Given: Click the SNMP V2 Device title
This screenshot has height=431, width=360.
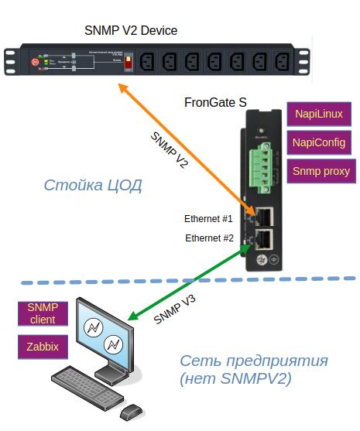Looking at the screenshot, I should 130,31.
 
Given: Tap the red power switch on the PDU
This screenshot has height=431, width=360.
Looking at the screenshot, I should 128,61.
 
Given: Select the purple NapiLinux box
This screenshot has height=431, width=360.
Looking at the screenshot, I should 319,115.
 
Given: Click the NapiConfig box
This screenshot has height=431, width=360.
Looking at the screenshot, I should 319,142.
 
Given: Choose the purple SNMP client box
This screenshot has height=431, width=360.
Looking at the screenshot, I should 43,313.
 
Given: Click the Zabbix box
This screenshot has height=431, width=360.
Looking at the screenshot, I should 43,346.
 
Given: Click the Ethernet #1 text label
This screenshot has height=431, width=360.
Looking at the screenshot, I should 208,218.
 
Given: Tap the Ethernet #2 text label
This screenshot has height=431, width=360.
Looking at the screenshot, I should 208,238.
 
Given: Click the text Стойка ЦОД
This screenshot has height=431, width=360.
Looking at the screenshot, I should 93,186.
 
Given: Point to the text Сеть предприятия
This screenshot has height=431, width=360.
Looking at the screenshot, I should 254,361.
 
